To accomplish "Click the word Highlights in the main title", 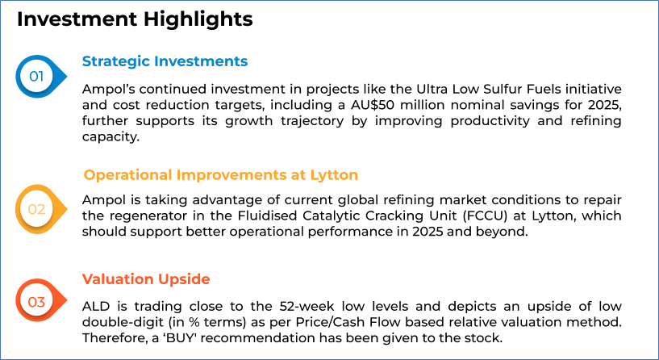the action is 198,19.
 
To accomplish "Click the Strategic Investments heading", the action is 165,61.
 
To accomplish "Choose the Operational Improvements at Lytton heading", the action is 221,175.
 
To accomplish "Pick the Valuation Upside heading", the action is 146,278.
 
